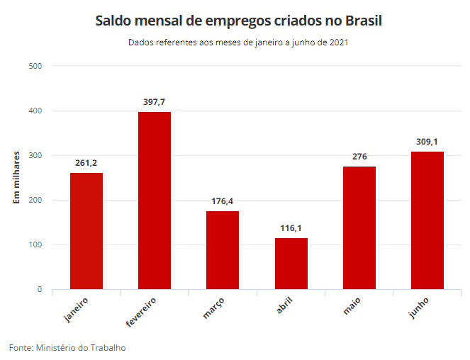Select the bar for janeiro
[x=86, y=231]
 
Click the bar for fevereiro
[x=154, y=201]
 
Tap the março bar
[x=223, y=250]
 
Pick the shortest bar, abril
[x=291, y=264]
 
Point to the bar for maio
[x=359, y=227]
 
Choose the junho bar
[x=427, y=220]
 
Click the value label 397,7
[x=154, y=102]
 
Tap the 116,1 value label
[x=291, y=228]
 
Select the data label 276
[x=359, y=157]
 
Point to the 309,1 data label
[x=427, y=142]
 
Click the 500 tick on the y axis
[x=35, y=67]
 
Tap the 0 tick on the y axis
[x=40, y=290]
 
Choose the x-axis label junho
[x=419, y=307]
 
